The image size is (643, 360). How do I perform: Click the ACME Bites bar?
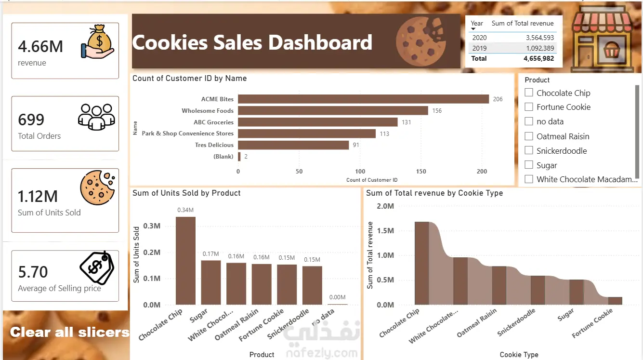pos(364,99)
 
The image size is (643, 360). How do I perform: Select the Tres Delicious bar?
pos(293,145)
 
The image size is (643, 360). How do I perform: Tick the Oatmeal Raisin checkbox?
pos(529,136)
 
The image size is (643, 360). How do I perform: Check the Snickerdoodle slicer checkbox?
pos(529,150)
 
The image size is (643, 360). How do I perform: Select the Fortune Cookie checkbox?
pos(529,107)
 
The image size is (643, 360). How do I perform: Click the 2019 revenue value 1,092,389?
pos(540,48)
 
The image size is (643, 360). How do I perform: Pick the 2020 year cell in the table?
pos(479,38)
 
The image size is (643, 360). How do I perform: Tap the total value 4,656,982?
pos(538,59)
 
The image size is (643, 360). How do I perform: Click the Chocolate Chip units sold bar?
pos(185,261)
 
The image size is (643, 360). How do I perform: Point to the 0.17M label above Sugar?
pos(210,254)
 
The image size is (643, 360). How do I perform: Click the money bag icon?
pos(98,42)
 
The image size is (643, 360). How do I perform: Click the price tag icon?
pos(97,267)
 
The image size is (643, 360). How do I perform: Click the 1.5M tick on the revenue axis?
pos(385,231)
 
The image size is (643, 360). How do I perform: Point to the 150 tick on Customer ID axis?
pos(421,172)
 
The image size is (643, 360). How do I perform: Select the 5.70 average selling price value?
pos(33,272)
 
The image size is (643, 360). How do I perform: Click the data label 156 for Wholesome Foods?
pos(437,111)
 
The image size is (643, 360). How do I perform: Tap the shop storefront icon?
pos(602,39)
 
